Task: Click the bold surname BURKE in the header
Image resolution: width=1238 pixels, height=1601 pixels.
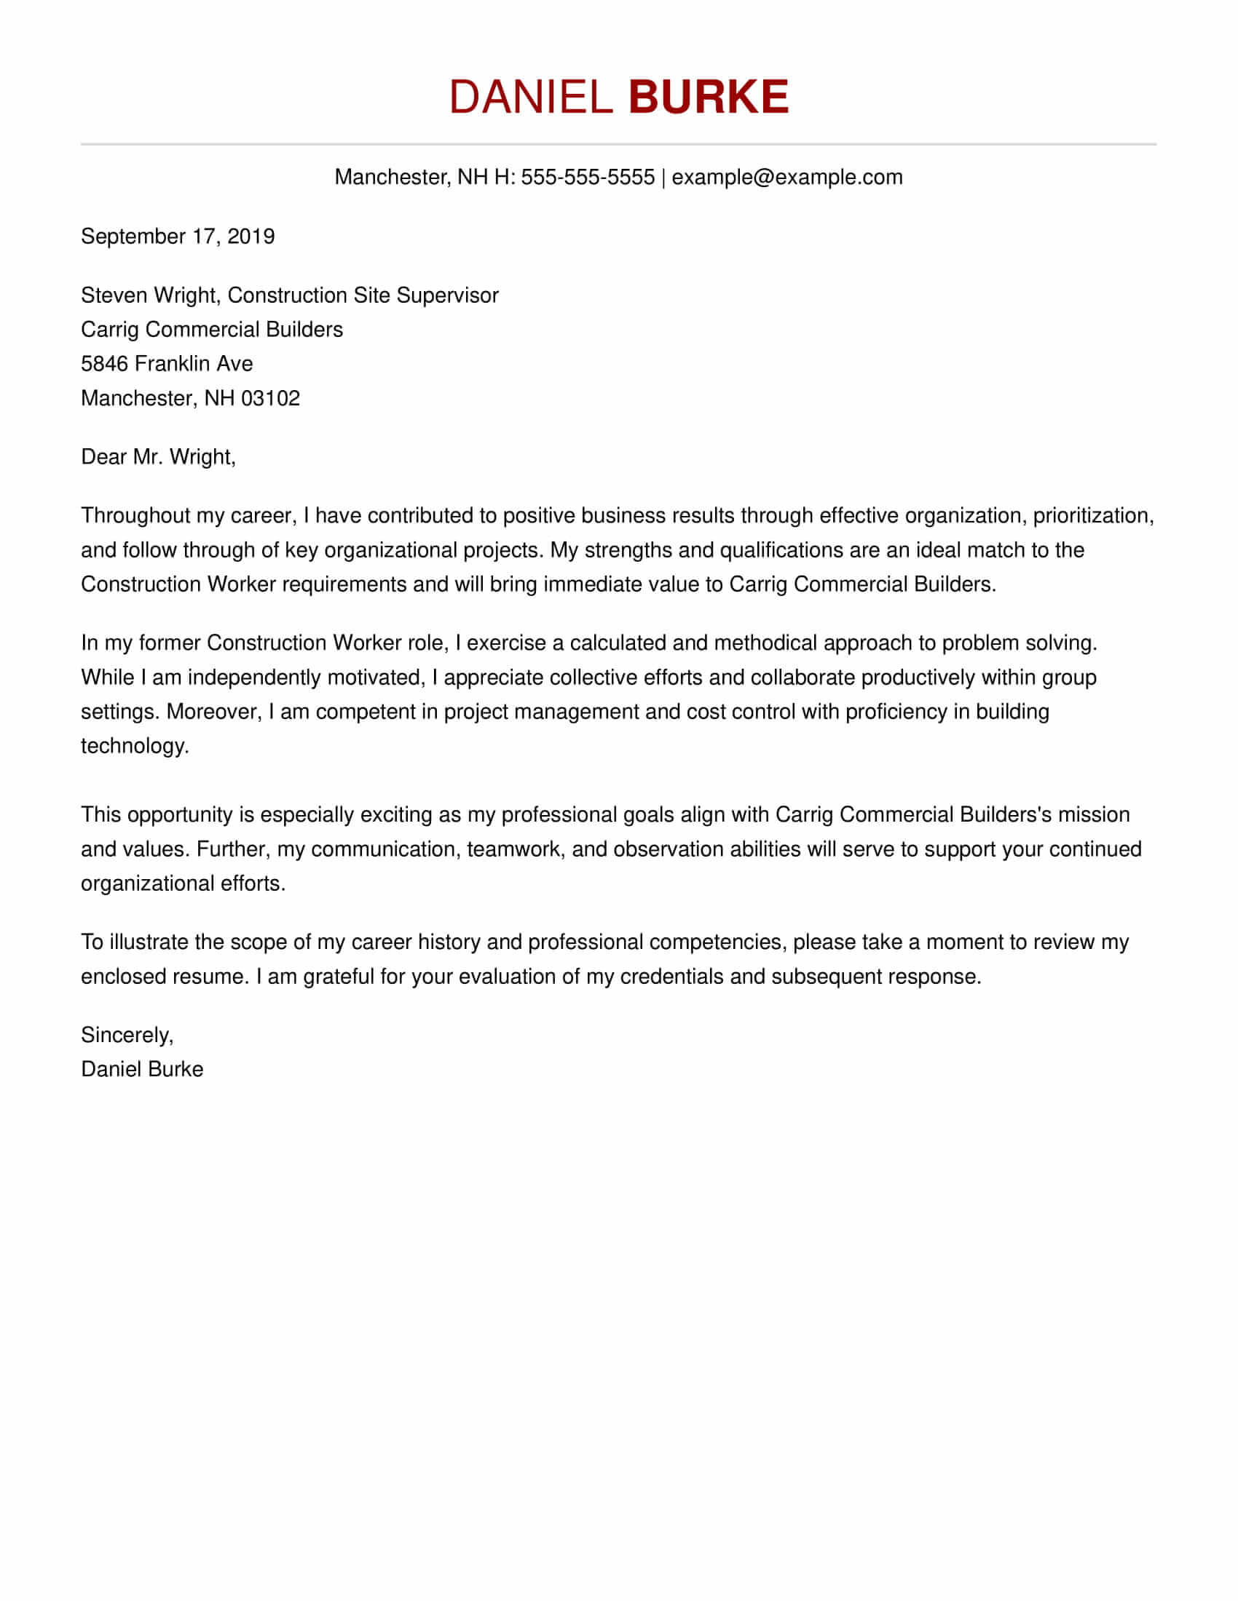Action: tap(709, 97)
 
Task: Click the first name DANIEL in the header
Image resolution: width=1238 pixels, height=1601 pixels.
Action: tap(530, 97)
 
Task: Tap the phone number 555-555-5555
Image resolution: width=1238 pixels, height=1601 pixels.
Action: tap(588, 178)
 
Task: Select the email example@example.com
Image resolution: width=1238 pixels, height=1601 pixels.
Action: tap(787, 178)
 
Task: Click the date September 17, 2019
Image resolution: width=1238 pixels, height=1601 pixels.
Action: tap(178, 237)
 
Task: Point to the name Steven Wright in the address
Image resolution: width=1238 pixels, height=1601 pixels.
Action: tap(149, 295)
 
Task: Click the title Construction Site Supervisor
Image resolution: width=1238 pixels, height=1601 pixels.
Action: tap(363, 295)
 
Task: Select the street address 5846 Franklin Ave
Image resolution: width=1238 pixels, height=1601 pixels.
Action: tap(167, 364)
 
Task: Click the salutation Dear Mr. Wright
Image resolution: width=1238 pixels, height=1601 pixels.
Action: tap(158, 458)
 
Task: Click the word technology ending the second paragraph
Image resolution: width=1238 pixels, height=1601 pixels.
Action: tap(134, 746)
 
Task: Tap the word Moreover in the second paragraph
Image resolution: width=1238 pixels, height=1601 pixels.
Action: tap(214, 712)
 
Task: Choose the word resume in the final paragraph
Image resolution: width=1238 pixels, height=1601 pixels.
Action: tap(210, 977)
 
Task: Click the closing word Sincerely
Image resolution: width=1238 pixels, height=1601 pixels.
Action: tap(126, 1035)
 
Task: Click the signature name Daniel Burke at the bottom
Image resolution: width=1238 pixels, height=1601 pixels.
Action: tap(141, 1070)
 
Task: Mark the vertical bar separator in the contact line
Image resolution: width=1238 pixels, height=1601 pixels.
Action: tap(663, 178)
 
